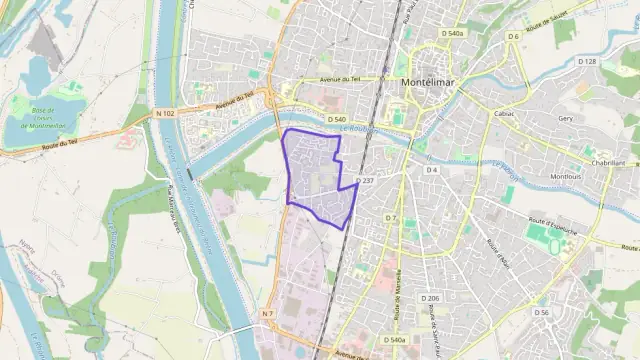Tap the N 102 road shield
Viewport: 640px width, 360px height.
click(x=166, y=113)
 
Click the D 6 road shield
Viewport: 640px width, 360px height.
click(x=512, y=37)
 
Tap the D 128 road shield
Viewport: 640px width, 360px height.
click(x=587, y=62)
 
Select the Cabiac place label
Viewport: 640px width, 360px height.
click(x=504, y=115)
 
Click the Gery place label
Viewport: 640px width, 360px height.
click(x=566, y=118)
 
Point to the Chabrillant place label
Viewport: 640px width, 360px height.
click(x=607, y=163)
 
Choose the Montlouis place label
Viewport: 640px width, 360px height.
click(x=566, y=176)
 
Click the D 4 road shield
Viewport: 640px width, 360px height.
click(x=432, y=170)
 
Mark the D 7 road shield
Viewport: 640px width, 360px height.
click(x=392, y=217)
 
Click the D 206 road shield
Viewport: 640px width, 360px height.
click(x=430, y=298)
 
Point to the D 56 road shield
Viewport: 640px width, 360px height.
click(x=541, y=312)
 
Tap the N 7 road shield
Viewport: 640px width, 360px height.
click(x=267, y=314)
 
